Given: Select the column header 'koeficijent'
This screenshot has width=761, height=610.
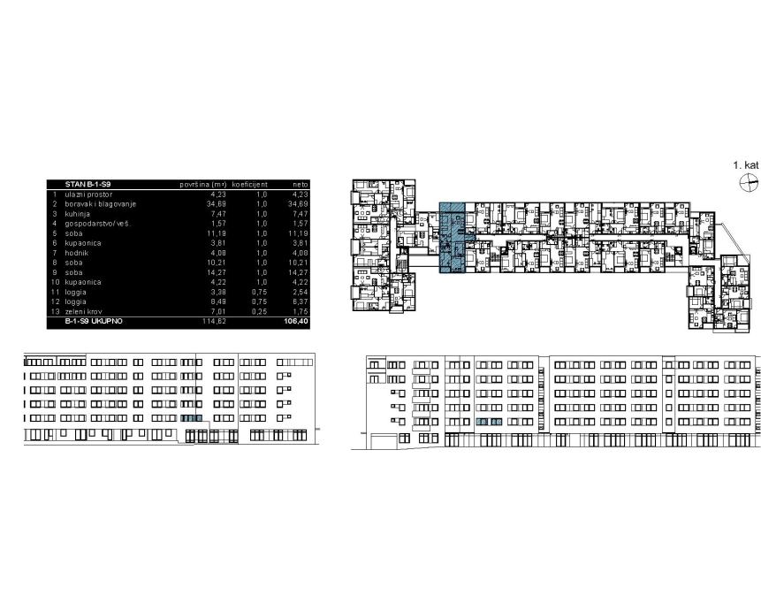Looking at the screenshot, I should (x=250, y=184).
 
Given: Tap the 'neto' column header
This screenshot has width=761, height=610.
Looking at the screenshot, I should (x=301, y=184).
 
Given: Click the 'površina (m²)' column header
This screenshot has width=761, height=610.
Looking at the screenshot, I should (x=204, y=184).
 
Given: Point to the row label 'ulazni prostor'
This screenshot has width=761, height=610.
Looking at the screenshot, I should (x=89, y=194).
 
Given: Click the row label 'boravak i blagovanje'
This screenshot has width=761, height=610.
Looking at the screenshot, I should (x=101, y=204).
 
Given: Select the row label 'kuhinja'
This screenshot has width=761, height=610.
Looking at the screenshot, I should (x=79, y=214).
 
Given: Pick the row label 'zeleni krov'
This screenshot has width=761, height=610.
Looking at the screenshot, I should (x=86, y=311).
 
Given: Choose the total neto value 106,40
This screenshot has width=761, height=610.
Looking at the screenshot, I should (x=297, y=322).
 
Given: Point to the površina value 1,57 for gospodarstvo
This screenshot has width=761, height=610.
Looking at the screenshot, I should (x=219, y=224).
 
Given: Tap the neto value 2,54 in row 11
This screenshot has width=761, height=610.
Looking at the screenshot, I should (x=300, y=292).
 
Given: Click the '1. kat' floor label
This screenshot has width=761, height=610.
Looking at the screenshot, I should (x=746, y=165).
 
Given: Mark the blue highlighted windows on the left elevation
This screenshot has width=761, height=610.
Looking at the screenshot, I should (x=192, y=418).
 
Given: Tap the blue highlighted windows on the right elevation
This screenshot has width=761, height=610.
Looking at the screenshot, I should (x=490, y=424).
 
